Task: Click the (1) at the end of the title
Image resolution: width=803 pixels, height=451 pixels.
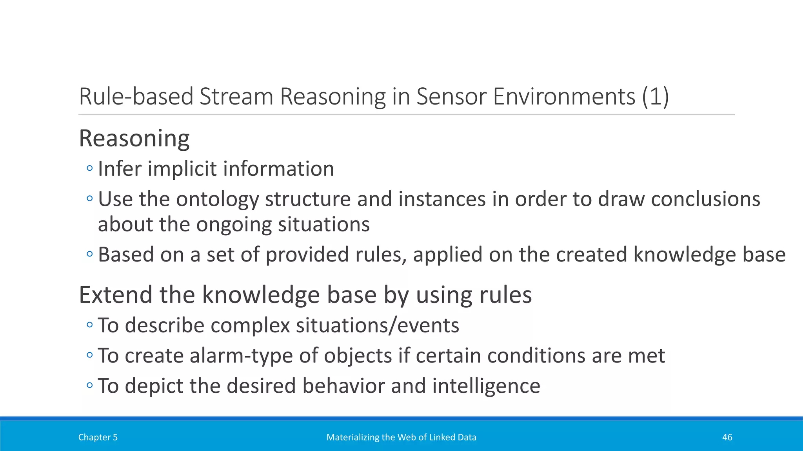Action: (x=655, y=96)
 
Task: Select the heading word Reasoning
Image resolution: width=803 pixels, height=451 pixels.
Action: (x=134, y=138)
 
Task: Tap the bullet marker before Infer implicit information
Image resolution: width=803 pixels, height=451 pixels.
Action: (x=90, y=169)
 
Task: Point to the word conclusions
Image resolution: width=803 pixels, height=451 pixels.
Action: (x=705, y=199)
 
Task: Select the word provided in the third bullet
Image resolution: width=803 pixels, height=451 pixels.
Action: (x=307, y=254)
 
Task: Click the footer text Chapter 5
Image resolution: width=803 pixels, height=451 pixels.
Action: (x=98, y=437)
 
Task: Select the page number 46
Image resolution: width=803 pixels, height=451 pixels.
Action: (x=727, y=437)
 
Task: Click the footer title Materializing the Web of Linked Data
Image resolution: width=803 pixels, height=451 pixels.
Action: (x=401, y=437)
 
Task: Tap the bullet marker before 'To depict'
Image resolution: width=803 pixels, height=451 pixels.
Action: (x=90, y=386)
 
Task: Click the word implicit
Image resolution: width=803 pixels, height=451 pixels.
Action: (x=182, y=169)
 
